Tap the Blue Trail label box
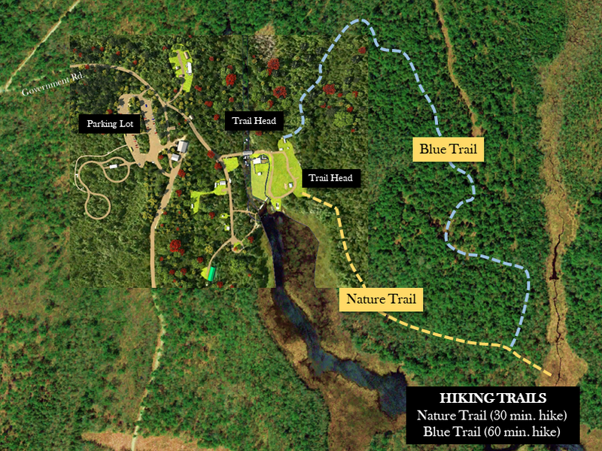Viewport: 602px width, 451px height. pyautogui.click(x=448, y=150)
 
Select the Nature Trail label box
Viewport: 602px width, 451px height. pyautogui.click(x=381, y=299)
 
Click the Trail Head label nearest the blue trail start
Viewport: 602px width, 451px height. pyautogui.click(x=254, y=120)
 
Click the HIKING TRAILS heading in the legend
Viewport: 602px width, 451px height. pyautogui.click(x=492, y=398)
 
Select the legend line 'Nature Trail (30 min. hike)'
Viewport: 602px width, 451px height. pyautogui.click(x=492, y=416)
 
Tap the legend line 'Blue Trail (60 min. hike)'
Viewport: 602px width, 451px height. pyautogui.click(x=492, y=432)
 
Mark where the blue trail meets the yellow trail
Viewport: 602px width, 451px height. pyautogui.click(x=511, y=347)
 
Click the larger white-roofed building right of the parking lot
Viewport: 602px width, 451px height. pyautogui.click(x=182, y=146)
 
